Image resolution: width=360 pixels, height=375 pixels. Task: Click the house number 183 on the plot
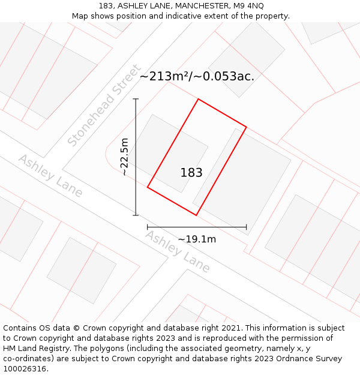pyautogui.click(x=191, y=173)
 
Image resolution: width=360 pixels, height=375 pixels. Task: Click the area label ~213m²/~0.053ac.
pyautogui.click(x=197, y=76)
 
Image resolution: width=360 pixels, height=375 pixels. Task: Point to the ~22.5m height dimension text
pyautogui.click(x=124, y=157)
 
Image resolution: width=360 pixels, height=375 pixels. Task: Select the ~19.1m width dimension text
pyautogui.click(x=197, y=239)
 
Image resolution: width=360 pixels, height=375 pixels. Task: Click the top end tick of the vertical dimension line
pyautogui.click(x=136, y=99)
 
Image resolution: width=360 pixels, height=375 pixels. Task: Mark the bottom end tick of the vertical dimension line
pyautogui.click(x=136, y=215)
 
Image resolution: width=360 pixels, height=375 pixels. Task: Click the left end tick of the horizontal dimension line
pyautogui.click(x=148, y=227)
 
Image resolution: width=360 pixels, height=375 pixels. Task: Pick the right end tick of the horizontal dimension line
pyautogui.click(x=246, y=227)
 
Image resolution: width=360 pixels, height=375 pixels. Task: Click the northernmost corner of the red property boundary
pyautogui.click(x=198, y=99)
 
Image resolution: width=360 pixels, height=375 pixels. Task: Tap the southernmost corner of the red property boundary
pyautogui.click(x=196, y=215)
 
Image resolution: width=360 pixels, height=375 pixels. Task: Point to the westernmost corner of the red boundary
pyautogui.click(x=148, y=187)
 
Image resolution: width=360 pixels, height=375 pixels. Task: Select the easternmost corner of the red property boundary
pyautogui.click(x=246, y=127)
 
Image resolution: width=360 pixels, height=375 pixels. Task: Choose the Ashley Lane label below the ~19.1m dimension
pyautogui.click(x=178, y=251)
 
